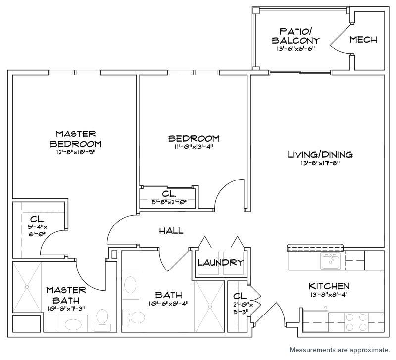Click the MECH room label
point(363,40)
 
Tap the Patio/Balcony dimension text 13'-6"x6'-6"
point(296,48)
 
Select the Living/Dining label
point(320,154)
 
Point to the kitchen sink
point(331,261)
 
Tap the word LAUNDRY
point(220,263)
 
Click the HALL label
point(171,230)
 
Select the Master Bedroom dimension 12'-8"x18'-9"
point(76,152)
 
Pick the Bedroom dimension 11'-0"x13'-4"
point(194,146)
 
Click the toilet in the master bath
point(102,319)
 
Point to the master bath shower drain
point(27,287)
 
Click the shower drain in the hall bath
point(210,306)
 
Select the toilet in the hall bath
point(134,317)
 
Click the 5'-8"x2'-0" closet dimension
point(169,202)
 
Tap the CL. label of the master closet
point(37,219)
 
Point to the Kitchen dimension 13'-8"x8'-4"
point(329,294)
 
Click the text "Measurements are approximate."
point(340,350)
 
